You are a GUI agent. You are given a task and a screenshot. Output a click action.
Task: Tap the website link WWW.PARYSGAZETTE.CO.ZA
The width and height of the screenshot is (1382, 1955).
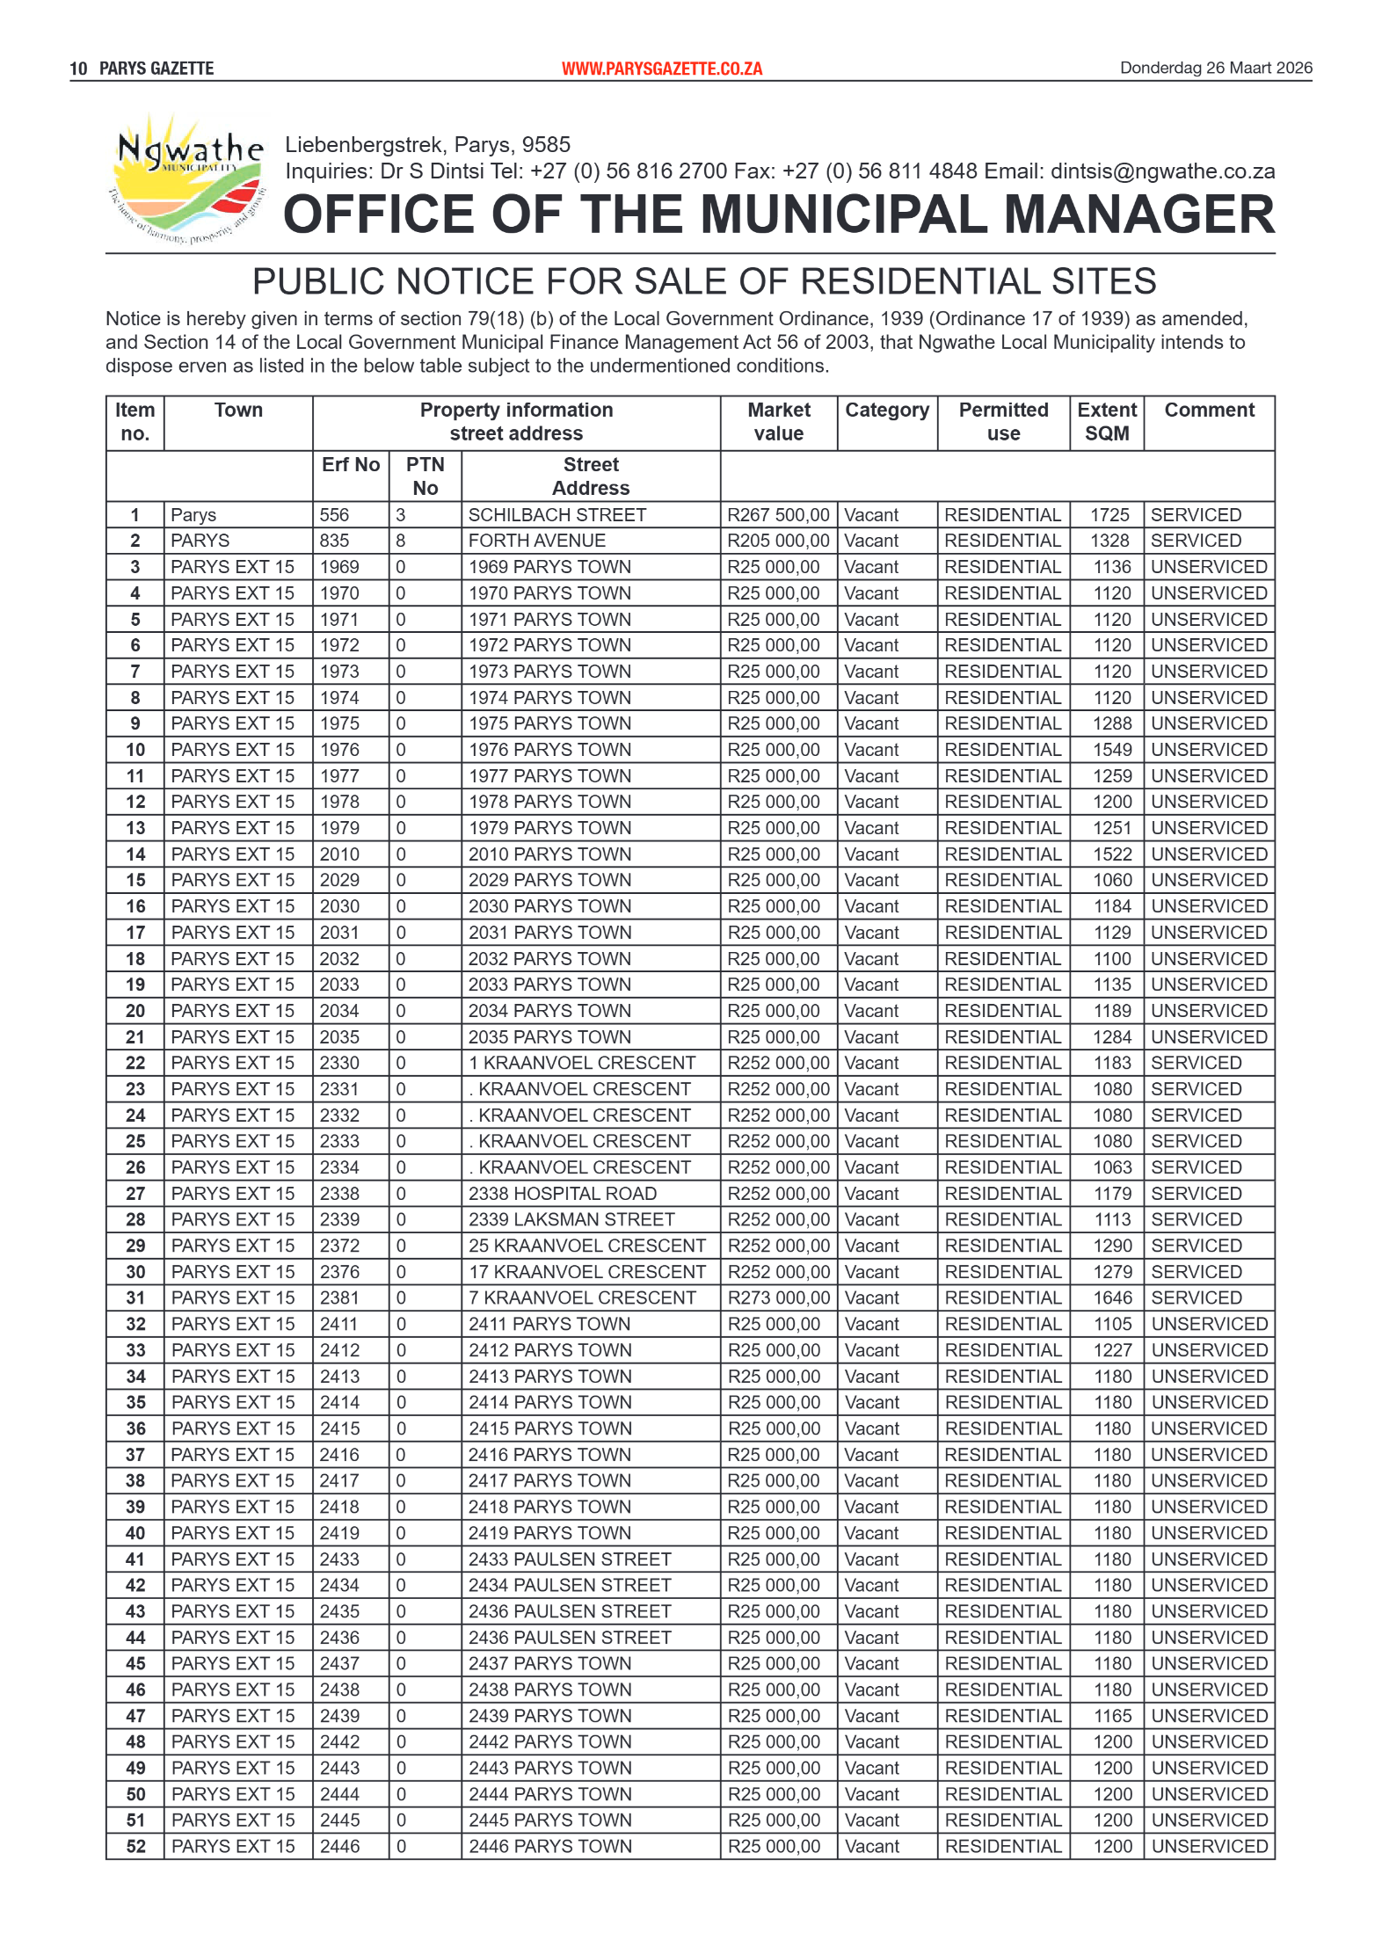[661, 69]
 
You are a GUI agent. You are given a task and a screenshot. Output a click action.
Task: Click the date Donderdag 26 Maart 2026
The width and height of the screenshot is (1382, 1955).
[1215, 68]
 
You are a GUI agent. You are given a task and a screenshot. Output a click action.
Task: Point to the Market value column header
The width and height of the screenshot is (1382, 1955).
[778, 422]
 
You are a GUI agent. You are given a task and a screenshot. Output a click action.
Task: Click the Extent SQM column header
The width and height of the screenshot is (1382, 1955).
[1106, 422]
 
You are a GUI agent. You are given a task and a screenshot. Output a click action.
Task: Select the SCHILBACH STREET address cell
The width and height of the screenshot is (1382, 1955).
[556, 515]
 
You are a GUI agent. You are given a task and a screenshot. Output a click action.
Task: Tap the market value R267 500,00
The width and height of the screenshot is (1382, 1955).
[777, 515]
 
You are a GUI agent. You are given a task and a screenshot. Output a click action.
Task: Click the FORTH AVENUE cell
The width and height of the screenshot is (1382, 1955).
[536, 541]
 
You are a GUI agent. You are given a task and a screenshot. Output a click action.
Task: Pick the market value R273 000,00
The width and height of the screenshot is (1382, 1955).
[777, 1297]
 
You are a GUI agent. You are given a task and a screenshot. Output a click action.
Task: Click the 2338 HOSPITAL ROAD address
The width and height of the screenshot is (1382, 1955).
[562, 1194]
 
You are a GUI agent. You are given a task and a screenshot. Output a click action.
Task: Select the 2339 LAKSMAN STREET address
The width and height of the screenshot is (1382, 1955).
[571, 1219]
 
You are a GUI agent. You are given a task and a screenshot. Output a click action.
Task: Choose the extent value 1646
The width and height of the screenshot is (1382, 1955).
[1112, 1297]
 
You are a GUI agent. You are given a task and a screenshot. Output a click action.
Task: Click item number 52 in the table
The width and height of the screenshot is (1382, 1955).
[135, 1846]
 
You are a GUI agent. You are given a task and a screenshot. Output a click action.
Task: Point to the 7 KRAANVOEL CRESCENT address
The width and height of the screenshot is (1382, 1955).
[581, 1297]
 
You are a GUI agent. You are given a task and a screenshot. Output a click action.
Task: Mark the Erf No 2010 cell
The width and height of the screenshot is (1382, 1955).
[339, 854]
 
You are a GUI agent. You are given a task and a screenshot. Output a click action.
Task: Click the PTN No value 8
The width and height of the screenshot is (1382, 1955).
[401, 541]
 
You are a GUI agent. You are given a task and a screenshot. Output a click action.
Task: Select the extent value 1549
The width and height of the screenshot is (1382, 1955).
[1112, 750]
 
